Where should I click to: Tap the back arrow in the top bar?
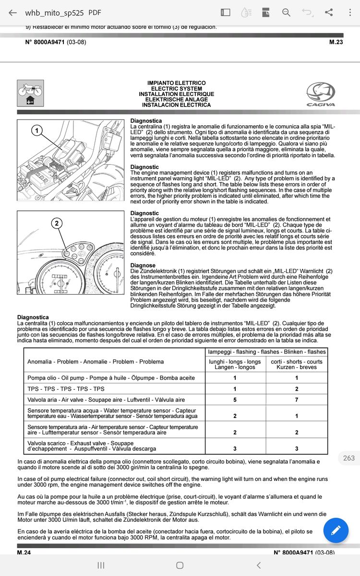[x=13, y=12]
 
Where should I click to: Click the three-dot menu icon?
[x=350, y=12]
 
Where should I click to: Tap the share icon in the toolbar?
[x=329, y=12]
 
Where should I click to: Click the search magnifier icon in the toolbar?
[x=287, y=12]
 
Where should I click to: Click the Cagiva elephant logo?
[x=321, y=94]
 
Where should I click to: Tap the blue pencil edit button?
[x=336, y=530]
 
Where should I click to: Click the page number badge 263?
[x=349, y=458]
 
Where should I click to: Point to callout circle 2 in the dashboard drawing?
[x=57, y=223]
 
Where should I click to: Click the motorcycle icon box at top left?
[x=30, y=93]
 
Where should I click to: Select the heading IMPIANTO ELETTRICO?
[x=176, y=84]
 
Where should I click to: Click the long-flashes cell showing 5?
[x=235, y=399]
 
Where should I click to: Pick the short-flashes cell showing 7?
[x=296, y=399]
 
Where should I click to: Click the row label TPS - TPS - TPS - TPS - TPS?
[x=66, y=389]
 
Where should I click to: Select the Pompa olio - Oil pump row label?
[x=111, y=378]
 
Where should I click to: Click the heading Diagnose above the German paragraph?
[x=143, y=265]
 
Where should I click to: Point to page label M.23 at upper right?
[x=336, y=42]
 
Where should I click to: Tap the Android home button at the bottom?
[x=180, y=565]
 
